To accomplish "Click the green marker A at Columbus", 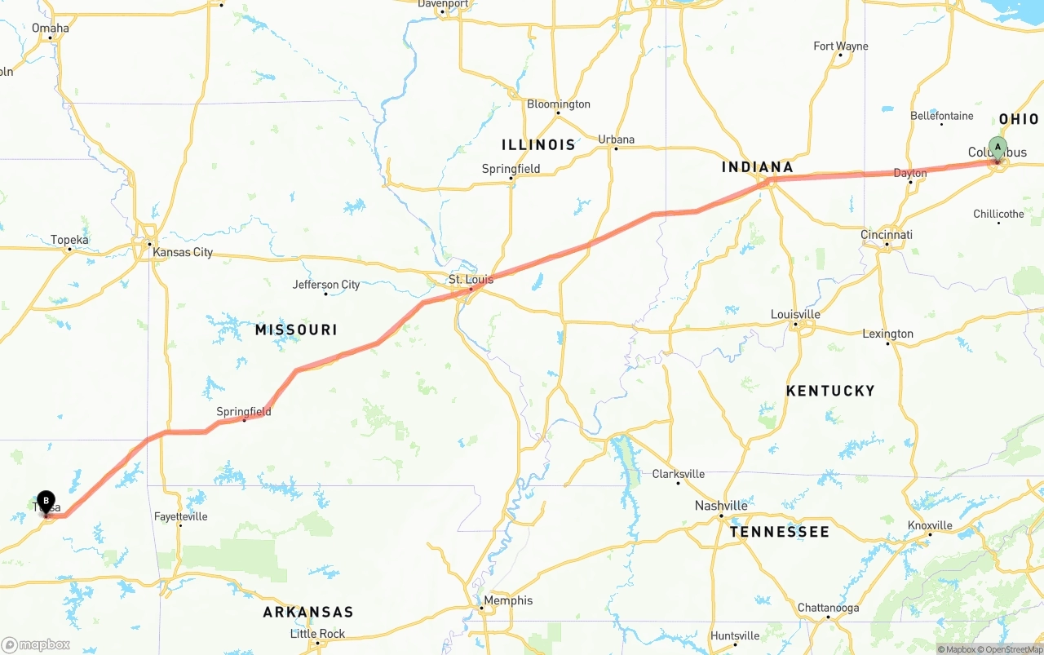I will [997, 148].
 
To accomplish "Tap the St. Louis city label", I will [471, 280].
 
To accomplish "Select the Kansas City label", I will [183, 252].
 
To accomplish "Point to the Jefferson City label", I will [326, 285].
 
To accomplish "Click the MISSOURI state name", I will [296, 330].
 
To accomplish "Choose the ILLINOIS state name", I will [538, 145].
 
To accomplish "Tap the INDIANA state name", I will [757, 167].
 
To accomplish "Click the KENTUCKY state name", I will [830, 392].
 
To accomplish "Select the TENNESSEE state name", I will [779, 532].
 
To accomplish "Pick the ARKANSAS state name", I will [308, 612].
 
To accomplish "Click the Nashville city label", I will [721, 506].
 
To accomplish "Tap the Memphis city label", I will [507, 600].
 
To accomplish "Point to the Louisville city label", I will [795, 315].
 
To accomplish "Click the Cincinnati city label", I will [887, 235].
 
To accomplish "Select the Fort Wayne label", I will [841, 46].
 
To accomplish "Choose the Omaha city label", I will [51, 28].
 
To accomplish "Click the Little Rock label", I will [318, 634].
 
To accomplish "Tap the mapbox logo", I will [36, 644].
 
